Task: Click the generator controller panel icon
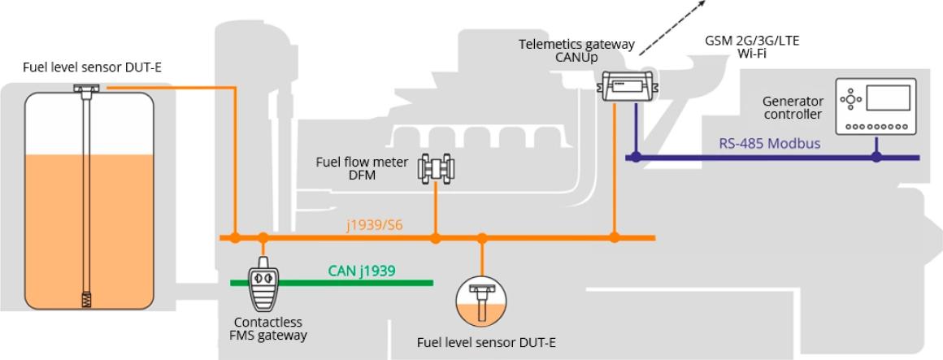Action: [876, 106]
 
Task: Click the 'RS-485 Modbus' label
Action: [769, 144]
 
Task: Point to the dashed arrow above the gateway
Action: [669, 28]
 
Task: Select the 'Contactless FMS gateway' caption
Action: [264, 328]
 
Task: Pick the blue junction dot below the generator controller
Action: [876, 156]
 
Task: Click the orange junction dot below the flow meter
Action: [436, 238]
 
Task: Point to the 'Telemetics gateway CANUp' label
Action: [577, 51]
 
